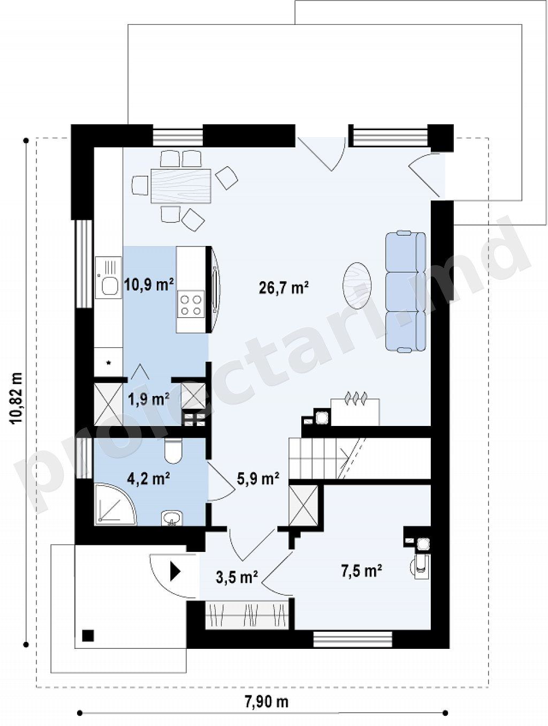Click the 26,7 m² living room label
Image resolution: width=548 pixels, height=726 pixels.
tap(284, 287)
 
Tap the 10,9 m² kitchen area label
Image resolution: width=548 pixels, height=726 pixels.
tap(149, 284)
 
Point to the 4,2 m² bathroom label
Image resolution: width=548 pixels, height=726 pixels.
tap(149, 478)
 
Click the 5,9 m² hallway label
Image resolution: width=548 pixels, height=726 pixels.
tap(257, 478)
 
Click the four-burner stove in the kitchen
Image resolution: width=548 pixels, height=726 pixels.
tap(191, 304)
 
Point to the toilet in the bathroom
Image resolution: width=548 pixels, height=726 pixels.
tap(173, 451)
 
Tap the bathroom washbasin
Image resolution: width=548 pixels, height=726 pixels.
tap(171, 518)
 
